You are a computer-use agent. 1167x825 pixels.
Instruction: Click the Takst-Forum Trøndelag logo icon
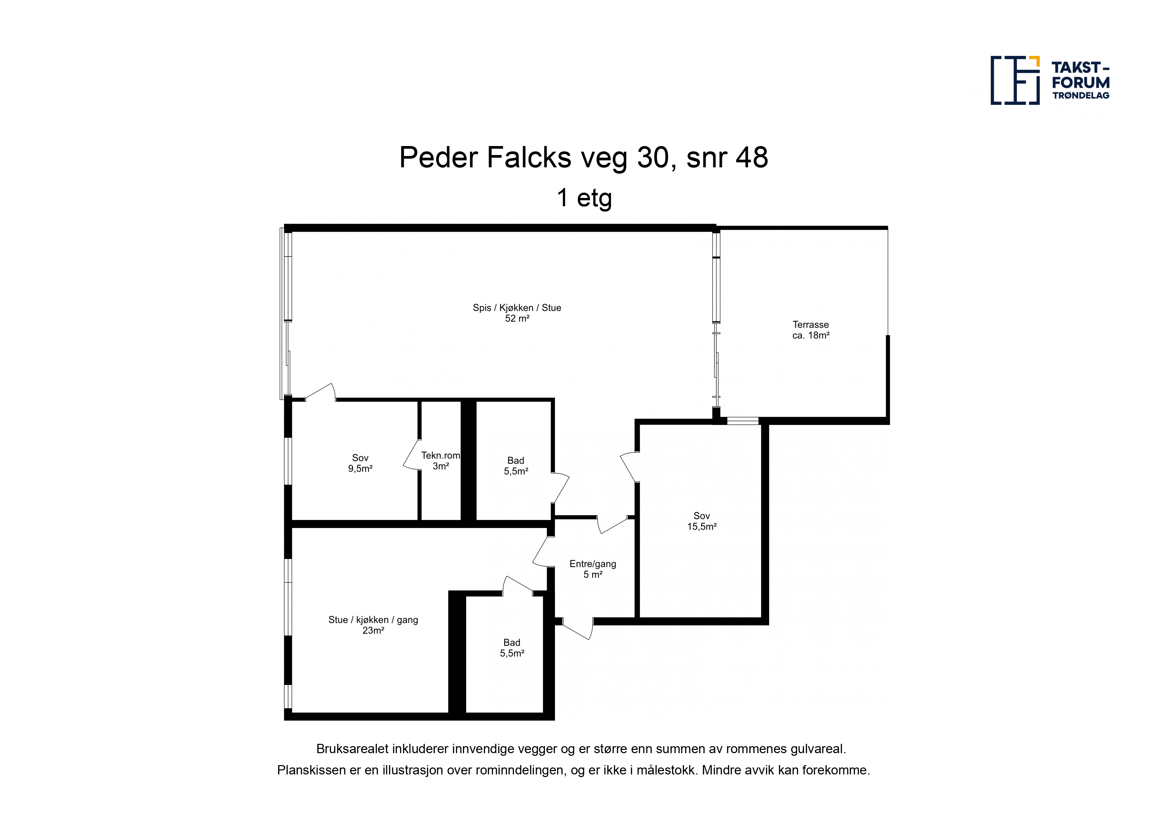pyautogui.click(x=1015, y=80)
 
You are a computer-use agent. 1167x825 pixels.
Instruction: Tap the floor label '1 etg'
pyautogui.click(x=584, y=198)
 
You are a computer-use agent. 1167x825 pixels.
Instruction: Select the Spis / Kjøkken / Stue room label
pyautogui.click(x=517, y=307)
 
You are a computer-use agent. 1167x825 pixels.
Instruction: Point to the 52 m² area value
pyautogui.click(x=517, y=319)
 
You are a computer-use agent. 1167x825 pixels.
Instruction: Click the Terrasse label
pyautogui.click(x=811, y=324)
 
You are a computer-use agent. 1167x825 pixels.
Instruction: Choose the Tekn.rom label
pyautogui.click(x=440, y=455)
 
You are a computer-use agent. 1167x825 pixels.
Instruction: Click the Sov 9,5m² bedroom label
pyautogui.click(x=360, y=463)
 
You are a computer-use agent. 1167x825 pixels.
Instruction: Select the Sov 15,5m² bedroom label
pyautogui.click(x=702, y=521)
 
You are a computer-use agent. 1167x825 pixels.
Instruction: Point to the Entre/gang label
pyautogui.click(x=593, y=564)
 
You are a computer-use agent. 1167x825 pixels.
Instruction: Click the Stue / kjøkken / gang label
pyautogui.click(x=373, y=620)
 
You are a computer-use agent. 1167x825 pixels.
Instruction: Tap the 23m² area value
pyautogui.click(x=373, y=631)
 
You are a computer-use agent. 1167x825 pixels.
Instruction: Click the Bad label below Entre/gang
pyautogui.click(x=512, y=642)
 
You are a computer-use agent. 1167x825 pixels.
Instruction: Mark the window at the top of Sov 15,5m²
pyautogui.click(x=743, y=421)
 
